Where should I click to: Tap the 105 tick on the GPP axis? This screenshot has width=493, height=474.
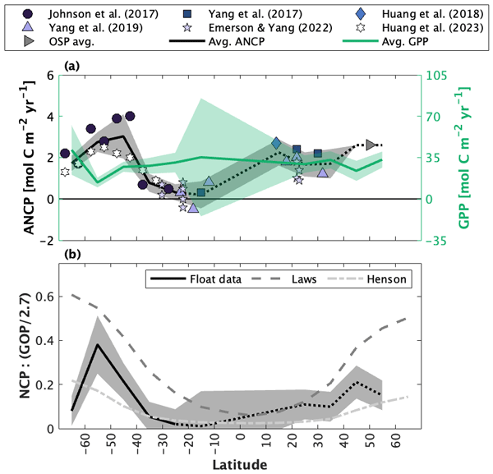tap(437, 76)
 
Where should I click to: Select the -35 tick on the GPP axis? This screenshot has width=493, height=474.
tap(437, 241)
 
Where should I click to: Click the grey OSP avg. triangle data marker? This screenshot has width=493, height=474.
tap(371, 145)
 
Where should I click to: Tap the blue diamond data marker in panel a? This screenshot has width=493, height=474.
tap(277, 143)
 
